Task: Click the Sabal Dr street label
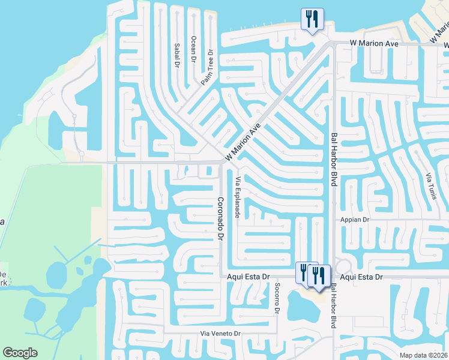tap(178, 55)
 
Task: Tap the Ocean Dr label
tap(194, 49)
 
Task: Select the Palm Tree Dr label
tap(208, 67)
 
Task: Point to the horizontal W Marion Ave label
tap(375, 43)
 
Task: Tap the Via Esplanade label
tap(238, 197)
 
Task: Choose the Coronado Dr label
tap(220, 219)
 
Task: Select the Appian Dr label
tap(355, 220)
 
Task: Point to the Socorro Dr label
tap(277, 298)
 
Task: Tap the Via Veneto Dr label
tap(220, 333)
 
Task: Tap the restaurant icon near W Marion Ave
tap(312, 20)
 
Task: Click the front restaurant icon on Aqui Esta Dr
tap(319, 275)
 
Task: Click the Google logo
tap(20, 353)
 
